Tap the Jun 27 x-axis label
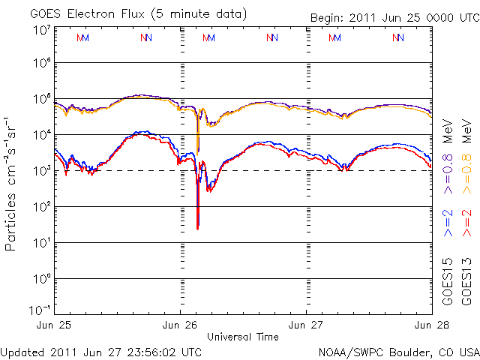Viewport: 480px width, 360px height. (307, 325)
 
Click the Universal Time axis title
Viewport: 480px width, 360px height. (244, 337)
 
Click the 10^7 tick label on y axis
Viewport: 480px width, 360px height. (41, 29)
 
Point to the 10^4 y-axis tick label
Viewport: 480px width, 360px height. (41, 135)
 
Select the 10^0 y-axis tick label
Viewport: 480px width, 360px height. (41, 279)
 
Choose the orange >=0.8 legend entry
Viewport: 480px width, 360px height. (468, 173)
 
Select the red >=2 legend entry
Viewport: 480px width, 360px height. (468, 223)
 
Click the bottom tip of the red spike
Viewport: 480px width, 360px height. (197, 228)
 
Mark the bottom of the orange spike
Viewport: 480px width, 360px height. (197, 151)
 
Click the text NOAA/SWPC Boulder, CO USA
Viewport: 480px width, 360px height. (398, 351)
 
